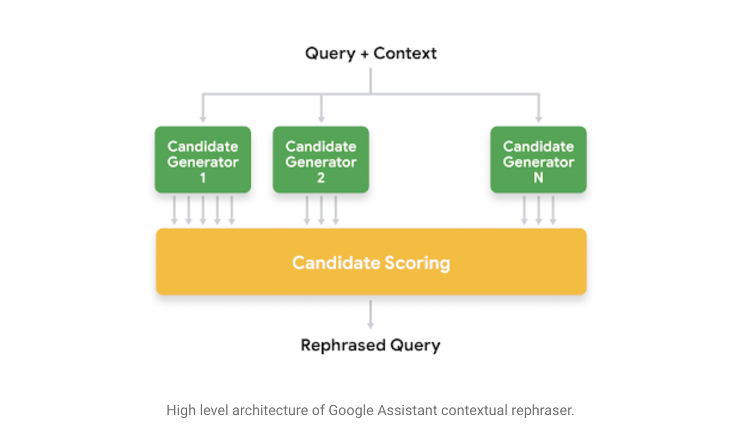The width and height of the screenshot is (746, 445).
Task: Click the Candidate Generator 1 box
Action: [x=203, y=159]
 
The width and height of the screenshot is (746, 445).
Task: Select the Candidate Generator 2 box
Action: [x=321, y=159]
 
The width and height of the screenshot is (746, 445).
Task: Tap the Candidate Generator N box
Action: [x=539, y=159]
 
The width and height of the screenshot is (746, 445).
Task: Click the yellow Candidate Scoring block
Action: [x=371, y=261]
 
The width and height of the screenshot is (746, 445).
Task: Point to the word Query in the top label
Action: [x=331, y=54]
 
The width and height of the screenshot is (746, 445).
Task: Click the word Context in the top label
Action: [x=405, y=53]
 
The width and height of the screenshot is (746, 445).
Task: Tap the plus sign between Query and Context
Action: [x=365, y=54]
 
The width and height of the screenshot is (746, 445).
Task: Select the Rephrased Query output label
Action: [x=371, y=345]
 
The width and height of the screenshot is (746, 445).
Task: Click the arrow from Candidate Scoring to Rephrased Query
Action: [x=371, y=315]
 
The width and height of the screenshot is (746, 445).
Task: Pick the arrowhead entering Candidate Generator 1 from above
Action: [x=203, y=120]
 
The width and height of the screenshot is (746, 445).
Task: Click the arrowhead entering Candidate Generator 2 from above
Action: [x=321, y=120]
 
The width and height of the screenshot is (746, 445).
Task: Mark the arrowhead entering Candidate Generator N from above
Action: [x=539, y=120]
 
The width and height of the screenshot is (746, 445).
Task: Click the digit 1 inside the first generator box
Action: [x=203, y=178]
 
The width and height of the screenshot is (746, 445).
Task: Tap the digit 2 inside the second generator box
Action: [x=321, y=178]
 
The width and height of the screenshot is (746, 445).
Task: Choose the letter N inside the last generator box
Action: [x=539, y=178]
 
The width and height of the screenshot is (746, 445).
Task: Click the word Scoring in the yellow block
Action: [x=417, y=264]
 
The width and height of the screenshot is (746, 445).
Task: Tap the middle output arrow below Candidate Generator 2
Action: [x=321, y=211]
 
